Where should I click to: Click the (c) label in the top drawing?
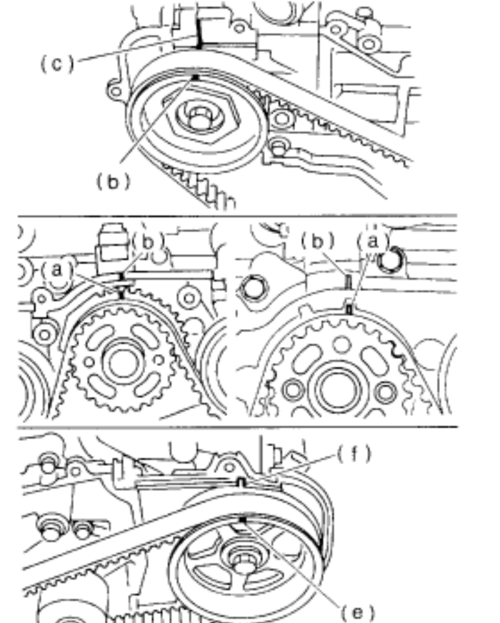(58, 64)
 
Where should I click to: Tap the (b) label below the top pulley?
(114, 182)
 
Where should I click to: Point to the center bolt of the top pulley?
(199, 118)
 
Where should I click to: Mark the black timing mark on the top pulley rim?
(195, 77)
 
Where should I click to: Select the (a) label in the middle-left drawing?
(57, 270)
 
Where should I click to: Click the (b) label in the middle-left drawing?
(148, 242)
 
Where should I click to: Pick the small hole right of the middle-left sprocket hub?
(159, 360)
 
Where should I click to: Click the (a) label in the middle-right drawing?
(372, 240)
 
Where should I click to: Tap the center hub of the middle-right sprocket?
(339, 390)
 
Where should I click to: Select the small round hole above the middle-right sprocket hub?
(341, 344)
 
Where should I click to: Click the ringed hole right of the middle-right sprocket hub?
(385, 392)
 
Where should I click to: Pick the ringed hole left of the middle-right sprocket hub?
(294, 390)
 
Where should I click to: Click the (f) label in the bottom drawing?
(354, 453)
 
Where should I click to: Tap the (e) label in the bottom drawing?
(358, 612)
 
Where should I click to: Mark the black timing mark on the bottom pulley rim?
(243, 520)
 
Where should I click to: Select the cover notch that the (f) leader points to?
(241, 482)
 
